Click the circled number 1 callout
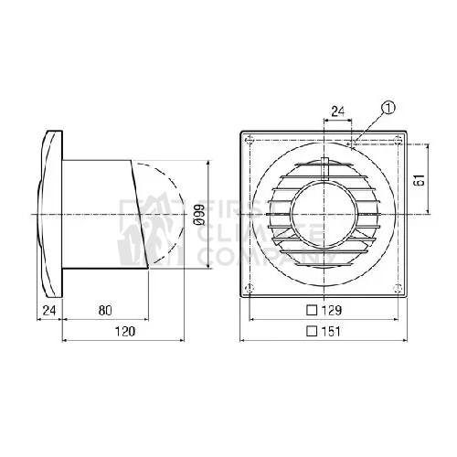tap(389, 108)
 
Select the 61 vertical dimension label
tap(420, 180)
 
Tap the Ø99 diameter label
tap(200, 215)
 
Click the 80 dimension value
tap(105, 311)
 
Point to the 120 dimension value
tap(125, 332)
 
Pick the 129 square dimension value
tap(332, 311)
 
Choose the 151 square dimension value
tap(331, 332)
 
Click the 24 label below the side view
tap(49, 311)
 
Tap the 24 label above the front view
tap(338, 112)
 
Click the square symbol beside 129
tap(312, 311)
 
